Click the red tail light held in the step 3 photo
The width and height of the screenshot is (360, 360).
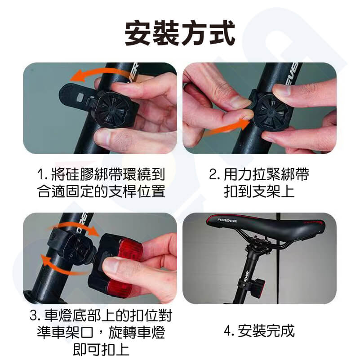(116, 267)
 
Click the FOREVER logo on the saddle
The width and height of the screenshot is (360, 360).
(227, 221)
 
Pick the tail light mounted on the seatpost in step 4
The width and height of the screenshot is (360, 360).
(258, 288)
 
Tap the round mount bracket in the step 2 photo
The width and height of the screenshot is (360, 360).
(271, 112)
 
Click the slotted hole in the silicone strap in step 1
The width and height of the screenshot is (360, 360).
(81, 97)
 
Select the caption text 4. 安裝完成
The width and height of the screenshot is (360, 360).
(259, 331)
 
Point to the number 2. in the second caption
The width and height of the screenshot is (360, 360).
(214, 175)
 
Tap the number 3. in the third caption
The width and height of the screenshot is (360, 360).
(35, 315)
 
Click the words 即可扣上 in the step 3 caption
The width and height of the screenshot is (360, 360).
(101, 349)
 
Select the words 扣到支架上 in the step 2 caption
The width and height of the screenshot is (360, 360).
(259, 191)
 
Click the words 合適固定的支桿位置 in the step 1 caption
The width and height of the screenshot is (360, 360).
(101, 191)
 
